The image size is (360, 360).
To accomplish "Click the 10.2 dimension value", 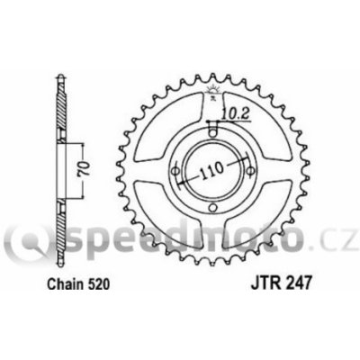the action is [x=237, y=114].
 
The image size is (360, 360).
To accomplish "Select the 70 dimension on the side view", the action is [x=85, y=170].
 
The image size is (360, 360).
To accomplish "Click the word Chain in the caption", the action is [x=65, y=284].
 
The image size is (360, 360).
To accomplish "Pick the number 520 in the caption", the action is [x=97, y=284].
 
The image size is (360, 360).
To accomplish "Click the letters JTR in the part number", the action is [x=263, y=284].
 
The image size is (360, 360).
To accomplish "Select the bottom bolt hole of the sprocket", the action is [x=212, y=207].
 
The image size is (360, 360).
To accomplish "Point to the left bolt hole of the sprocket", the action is [x=175, y=171].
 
